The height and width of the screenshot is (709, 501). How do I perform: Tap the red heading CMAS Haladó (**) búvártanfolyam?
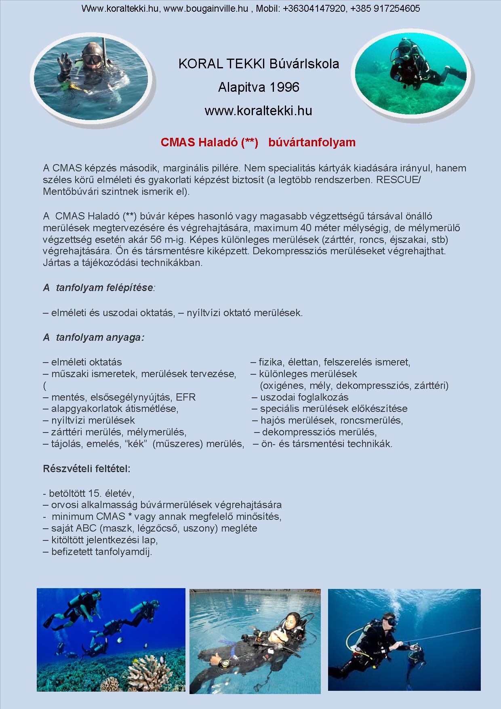coord(258,142)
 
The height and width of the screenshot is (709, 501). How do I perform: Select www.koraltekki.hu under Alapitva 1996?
coord(258,110)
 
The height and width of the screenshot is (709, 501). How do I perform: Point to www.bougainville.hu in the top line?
coord(206,8)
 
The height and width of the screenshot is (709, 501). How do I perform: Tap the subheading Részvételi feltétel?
coord(86,469)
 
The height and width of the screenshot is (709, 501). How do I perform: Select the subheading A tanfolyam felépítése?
coord(98,288)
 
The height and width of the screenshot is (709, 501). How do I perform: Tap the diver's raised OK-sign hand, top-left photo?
coord(64,64)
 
